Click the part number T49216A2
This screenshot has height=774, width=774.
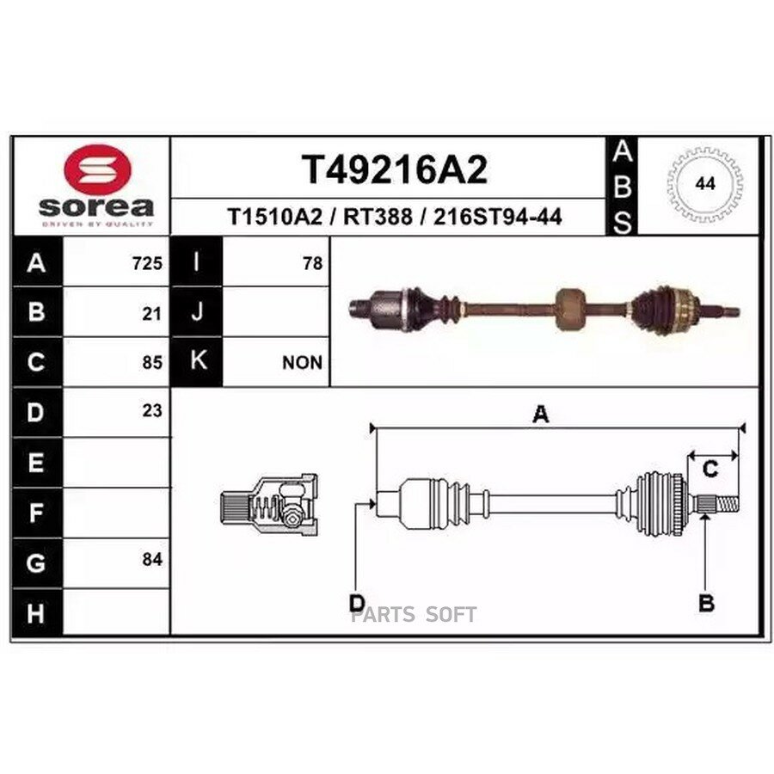tap(393, 170)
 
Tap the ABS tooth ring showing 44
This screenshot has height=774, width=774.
tap(705, 184)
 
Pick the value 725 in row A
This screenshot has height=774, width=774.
tap(147, 264)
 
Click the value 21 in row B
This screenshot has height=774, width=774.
tap(151, 314)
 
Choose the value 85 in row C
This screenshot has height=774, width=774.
tap(151, 363)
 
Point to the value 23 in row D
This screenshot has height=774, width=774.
tap(151, 411)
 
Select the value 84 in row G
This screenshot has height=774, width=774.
tap(151, 560)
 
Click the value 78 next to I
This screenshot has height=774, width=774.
tap(313, 264)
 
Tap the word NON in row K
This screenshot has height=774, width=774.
tap(302, 363)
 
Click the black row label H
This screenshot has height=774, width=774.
tap(35, 613)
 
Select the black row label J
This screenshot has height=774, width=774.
tap(196, 313)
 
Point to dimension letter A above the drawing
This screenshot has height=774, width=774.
tap(540, 415)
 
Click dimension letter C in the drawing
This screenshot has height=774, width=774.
tap(710, 470)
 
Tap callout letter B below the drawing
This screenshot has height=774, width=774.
tap(706, 604)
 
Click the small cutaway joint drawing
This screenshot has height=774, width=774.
tap(268, 501)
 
